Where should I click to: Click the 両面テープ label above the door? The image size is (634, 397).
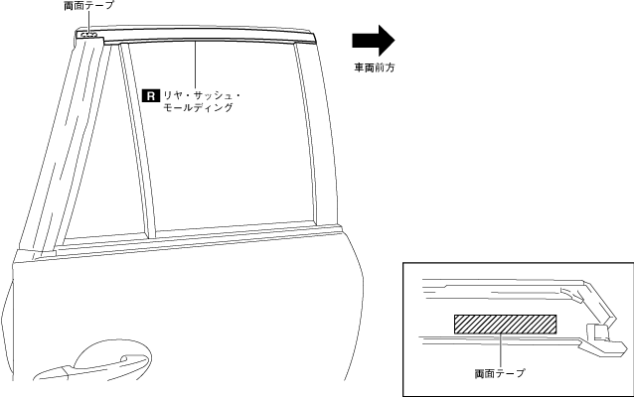pos(88,6)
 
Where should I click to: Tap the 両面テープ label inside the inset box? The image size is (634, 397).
pos(500,374)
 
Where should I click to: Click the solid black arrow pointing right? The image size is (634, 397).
pos(374,41)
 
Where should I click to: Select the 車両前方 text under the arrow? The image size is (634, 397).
pos(375,68)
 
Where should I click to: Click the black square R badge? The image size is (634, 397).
pos(151,95)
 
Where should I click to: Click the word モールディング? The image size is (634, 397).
pos(198,107)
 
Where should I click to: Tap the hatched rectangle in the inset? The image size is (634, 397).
pos(504,325)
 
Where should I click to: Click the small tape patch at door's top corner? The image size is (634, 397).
pos(88,35)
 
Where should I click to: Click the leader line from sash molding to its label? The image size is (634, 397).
pos(197,66)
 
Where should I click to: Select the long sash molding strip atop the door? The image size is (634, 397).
pos(199,42)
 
